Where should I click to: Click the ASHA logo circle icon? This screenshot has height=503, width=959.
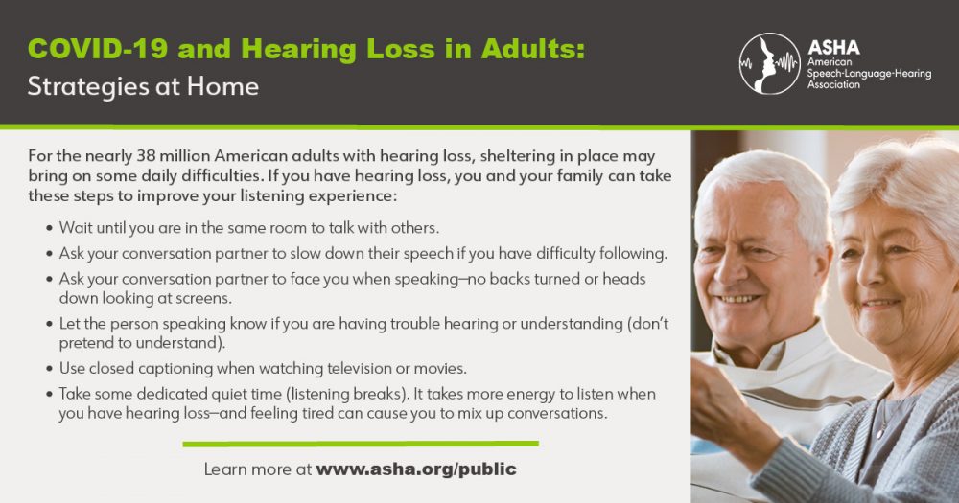(769, 63)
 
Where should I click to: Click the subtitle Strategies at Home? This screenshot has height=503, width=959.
(143, 86)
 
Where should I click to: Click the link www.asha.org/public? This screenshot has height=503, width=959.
(416, 469)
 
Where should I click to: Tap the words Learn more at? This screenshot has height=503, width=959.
(257, 469)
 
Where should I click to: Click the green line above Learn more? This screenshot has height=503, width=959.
(360, 444)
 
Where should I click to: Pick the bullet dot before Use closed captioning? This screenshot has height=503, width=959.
(49, 369)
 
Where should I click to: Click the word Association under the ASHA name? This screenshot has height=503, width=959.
(835, 83)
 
